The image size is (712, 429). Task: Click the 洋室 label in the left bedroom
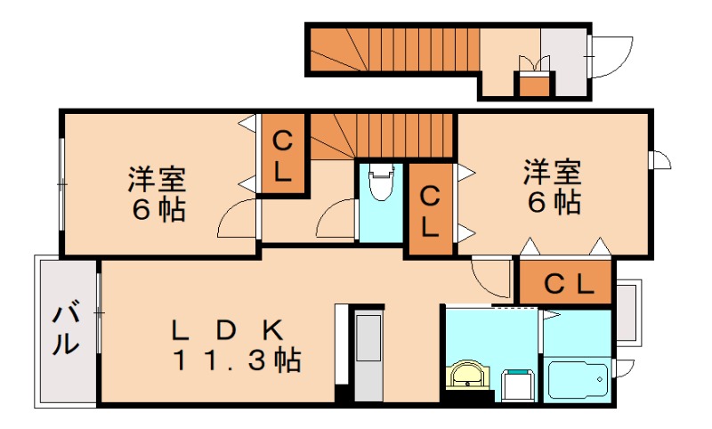157,179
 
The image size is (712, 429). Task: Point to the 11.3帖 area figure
235,360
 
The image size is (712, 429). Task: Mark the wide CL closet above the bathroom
566,284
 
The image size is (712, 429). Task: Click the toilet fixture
380,186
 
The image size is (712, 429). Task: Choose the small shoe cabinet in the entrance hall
534,85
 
